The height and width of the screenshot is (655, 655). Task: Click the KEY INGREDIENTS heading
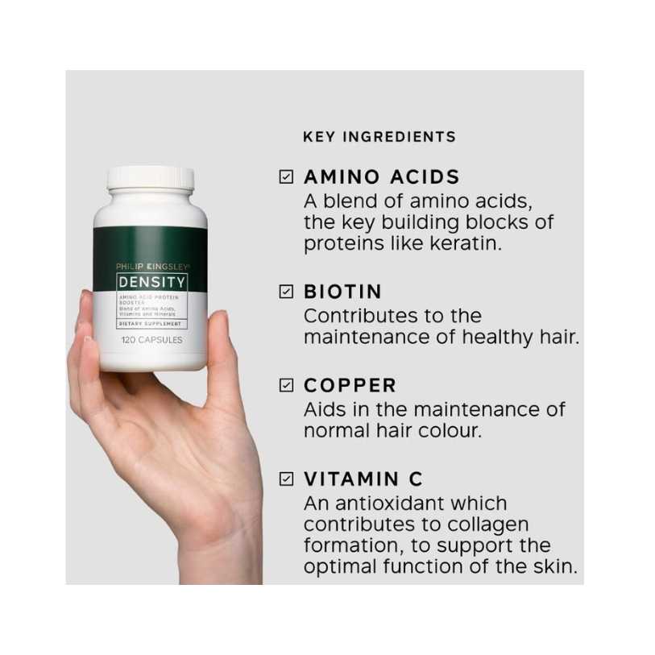coord(379,137)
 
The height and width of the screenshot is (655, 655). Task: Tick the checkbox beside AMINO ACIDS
coord(286,176)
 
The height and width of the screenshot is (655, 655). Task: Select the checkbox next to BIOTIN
coord(286,291)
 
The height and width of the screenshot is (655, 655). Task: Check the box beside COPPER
coord(286,385)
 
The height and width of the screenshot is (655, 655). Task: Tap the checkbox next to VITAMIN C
coord(286,479)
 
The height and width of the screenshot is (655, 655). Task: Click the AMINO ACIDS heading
coord(381,176)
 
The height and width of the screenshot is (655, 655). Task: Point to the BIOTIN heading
coord(342,292)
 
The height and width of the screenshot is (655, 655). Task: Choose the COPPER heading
coord(350,385)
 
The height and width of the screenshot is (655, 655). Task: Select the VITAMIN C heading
coord(363,479)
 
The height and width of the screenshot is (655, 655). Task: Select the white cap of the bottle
coord(151,177)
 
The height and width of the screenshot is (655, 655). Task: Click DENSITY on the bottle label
coord(151,283)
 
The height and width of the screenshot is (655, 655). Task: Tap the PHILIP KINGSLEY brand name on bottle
coord(153,266)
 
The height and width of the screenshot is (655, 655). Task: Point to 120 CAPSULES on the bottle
coord(151,340)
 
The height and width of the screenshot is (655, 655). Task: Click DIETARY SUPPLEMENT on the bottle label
coord(150,324)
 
